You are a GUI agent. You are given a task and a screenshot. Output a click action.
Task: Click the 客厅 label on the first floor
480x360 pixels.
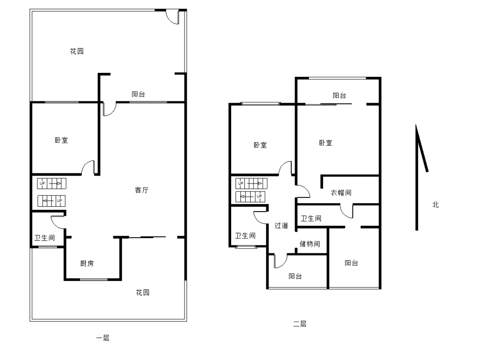pos(141,190)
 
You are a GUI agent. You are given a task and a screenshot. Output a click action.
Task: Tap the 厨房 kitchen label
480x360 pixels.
pos(87,263)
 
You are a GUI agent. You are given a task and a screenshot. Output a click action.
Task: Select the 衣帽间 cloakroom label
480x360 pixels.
pos(341,192)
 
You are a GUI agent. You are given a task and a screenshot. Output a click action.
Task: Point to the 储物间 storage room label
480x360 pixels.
pos(310,244)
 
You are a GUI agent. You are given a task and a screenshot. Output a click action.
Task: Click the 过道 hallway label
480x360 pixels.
pos(281,226)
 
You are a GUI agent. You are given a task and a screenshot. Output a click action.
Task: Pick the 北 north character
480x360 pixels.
pos(436,204)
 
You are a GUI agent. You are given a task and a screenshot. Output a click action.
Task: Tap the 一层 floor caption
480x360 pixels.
pos(103,338)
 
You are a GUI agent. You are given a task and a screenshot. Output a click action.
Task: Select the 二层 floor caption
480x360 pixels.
pos(300,324)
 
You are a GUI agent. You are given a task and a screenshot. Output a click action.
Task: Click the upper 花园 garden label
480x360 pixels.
pos(77,51)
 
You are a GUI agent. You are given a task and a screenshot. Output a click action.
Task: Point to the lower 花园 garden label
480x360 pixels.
pos(143,292)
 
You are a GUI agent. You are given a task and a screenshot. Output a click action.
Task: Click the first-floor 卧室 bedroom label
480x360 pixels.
pos(61,140)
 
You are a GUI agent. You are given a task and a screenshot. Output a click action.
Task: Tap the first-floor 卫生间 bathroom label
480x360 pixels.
pos(45,238)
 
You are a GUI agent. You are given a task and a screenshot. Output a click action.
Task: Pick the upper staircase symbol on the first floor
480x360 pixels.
pos(52,184)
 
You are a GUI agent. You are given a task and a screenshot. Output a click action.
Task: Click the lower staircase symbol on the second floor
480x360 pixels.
pos(250,196)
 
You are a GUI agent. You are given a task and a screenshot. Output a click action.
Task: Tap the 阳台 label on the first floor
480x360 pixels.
pos(138,94)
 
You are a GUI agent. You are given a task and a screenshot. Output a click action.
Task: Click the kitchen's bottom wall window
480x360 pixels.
pos(94,279)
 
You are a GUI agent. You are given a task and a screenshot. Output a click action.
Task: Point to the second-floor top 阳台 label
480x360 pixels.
pos(340,96)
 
